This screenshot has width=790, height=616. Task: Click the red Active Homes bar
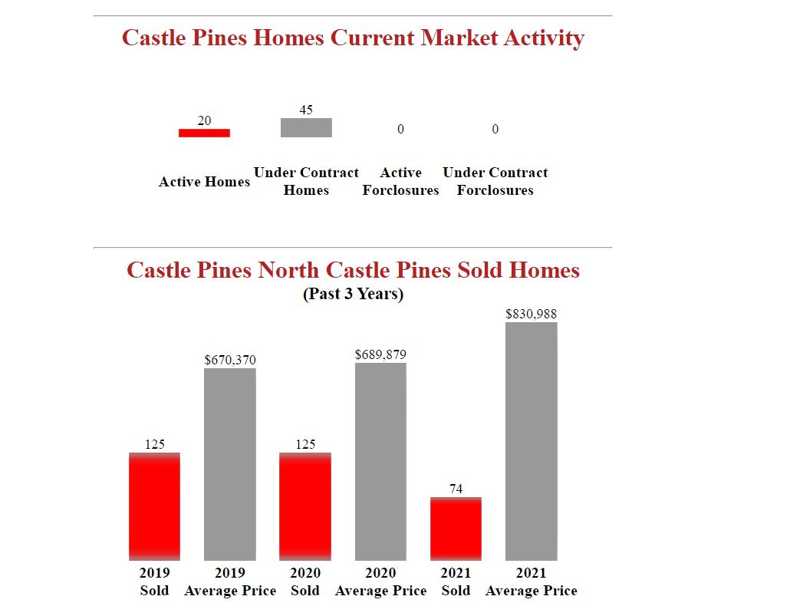tap(204, 133)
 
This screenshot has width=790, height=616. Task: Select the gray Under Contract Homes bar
tap(306, 127)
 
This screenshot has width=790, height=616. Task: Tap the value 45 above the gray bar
tap(306, 110)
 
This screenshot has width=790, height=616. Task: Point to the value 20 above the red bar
tap(204, 120)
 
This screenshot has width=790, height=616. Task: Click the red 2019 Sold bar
tap(154, 506)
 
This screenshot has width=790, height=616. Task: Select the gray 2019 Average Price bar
tap(230, 464)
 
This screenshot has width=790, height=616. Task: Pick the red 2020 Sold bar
tap(305, 506)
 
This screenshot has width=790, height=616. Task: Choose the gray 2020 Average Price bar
tap(380, 461)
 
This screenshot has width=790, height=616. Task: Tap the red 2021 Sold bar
tap(456, 529)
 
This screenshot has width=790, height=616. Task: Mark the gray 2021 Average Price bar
tap(532, 441)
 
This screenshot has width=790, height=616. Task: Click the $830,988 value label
tap(532, 314)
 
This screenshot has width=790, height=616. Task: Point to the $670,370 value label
tap(230, 360)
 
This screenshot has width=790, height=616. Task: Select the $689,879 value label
tap(380, 354)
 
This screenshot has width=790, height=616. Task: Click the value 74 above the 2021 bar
tap(456, 489)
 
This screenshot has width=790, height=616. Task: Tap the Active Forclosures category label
tap(400, 182)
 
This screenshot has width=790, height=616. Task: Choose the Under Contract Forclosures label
tap(495, 182)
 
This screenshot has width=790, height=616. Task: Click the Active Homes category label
tap(204, 182)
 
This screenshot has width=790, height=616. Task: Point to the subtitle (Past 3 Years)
tap(354, 294)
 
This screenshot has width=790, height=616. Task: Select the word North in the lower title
tap(288, 270)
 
